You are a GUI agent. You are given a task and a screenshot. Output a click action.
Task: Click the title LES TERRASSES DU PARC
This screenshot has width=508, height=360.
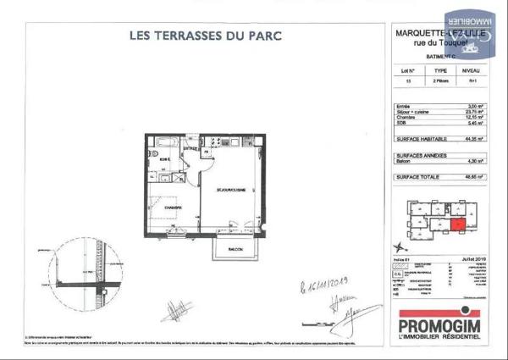point(205,36)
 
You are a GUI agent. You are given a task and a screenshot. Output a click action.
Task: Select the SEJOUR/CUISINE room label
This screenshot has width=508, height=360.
point(231,191)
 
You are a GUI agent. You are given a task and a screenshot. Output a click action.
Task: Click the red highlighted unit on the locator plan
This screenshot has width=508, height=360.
point(457,225)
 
